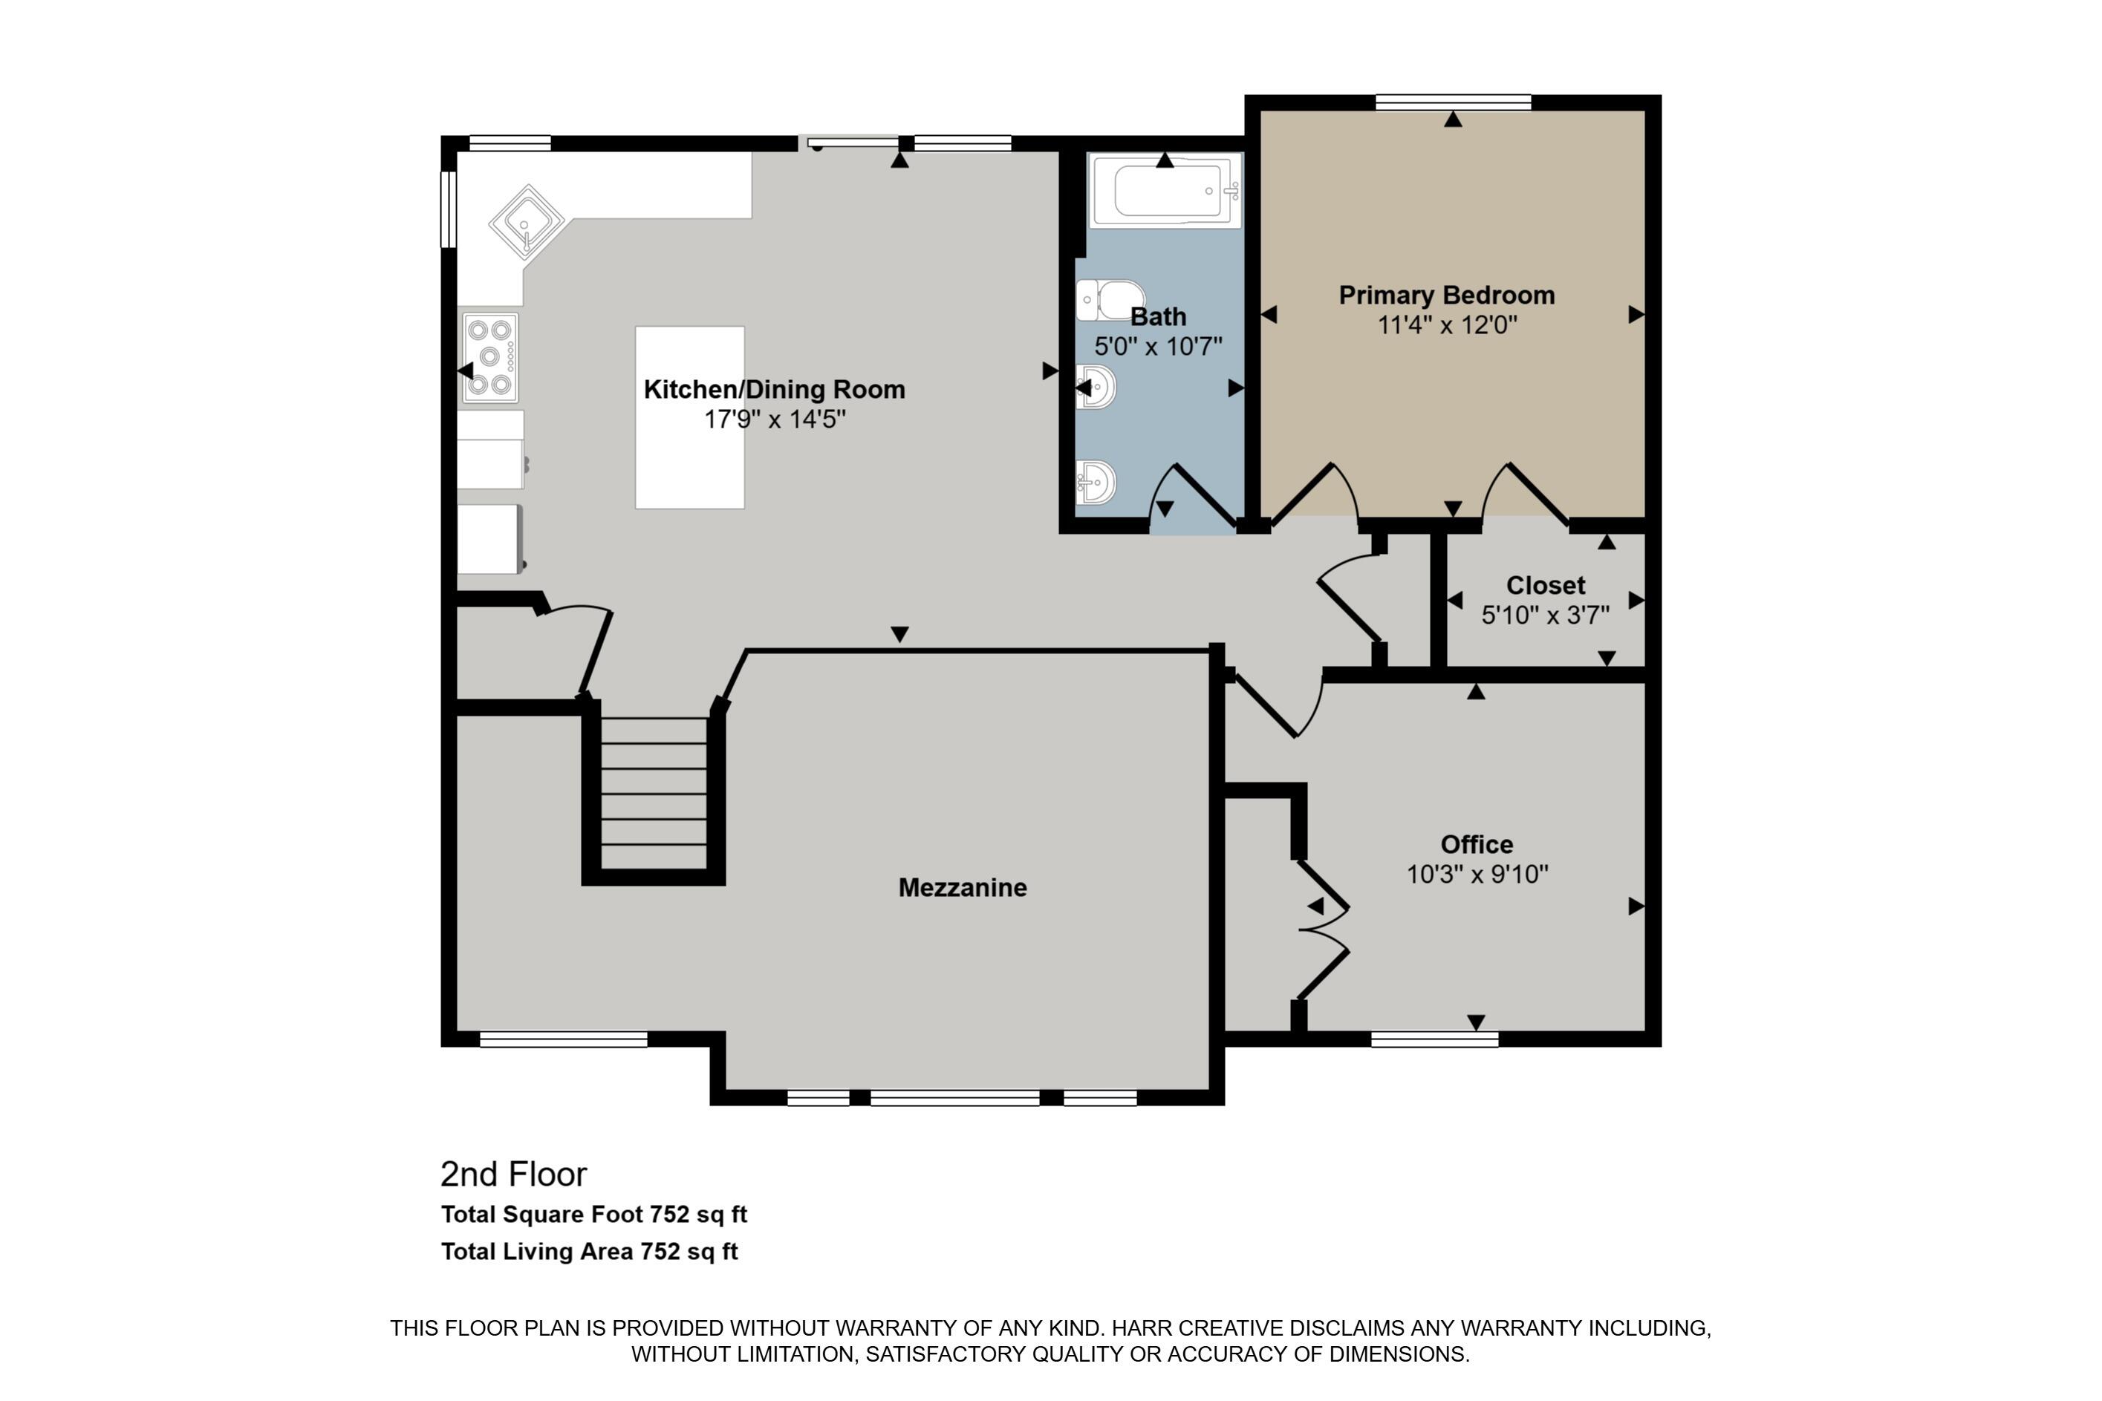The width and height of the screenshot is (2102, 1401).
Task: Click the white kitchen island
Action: [689, 417]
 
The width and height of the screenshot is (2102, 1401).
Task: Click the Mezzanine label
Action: [962, 887]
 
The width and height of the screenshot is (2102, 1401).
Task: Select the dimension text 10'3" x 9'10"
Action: [1477, 874]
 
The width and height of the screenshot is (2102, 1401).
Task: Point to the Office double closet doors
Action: [1323, 930]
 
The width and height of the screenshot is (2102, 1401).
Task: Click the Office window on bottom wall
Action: [1434, 1039]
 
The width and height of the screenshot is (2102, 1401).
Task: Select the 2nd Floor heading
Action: [513, 1174]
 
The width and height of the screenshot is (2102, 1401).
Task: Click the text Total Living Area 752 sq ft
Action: [589, 1251]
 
